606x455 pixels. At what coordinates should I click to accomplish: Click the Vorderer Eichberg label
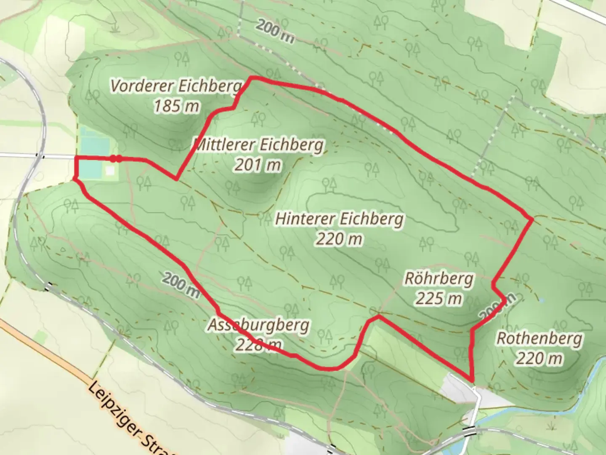tap(176, 86)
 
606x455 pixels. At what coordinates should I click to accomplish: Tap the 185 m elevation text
tap(176, 106)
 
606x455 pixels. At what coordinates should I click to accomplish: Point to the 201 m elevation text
tap(258, 165)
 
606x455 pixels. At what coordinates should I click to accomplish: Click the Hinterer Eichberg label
tap(339, 219)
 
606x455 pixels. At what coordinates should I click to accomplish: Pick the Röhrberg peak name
tap(439, 278)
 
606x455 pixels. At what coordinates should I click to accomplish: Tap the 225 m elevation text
tap(439, 299)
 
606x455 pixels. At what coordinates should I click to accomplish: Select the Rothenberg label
tap(540, 338)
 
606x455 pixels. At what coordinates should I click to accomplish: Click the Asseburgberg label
tap(258, 325)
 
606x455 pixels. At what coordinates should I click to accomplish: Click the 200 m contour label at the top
tap(275, 31)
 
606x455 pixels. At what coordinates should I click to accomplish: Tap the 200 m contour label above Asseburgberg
tap(181, 284)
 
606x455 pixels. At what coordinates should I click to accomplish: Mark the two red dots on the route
tap(116, 159)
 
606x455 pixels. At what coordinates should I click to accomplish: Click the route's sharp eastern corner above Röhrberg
tap(532, 219)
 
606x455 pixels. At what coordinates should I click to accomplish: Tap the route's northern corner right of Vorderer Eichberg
tap(252, 78)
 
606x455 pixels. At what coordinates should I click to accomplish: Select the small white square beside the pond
tap(110, 171)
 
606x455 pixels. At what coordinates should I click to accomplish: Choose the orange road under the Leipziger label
tap(63, 367)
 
